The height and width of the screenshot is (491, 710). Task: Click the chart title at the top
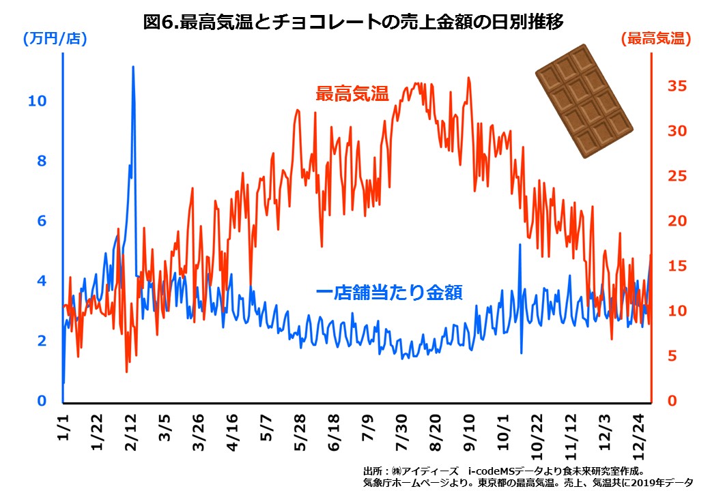[x=354, y=23]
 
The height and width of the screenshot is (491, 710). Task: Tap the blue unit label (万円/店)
[x=55, y=39]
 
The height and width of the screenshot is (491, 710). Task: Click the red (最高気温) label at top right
[x=655, y=39]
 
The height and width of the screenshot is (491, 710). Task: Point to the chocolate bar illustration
[x=584, y=101]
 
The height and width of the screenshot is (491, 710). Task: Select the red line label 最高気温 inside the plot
[x=352, y=94]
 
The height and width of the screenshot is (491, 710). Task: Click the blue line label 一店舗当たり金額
[x=390, y=293]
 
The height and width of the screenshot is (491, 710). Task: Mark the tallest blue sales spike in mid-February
[x=133, y=68]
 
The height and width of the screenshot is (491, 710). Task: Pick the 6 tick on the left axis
[x=41, y=221]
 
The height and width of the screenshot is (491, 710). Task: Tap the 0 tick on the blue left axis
[x=41, y=401]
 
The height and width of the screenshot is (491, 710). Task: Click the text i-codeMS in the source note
[x=492, y=471]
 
